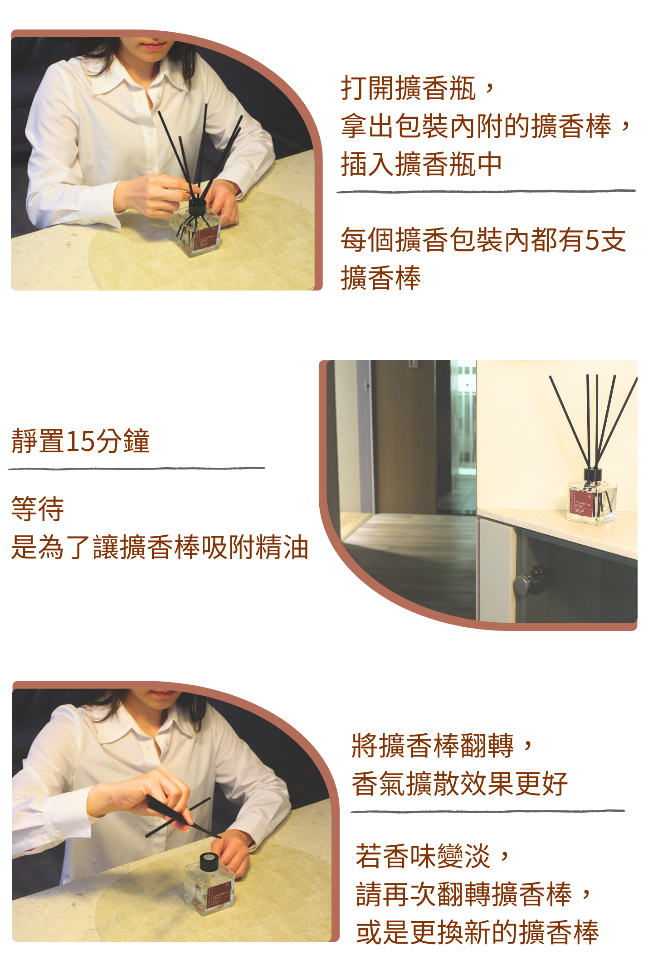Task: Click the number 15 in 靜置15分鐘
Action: (80, 441)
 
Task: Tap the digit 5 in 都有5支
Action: (592, 240)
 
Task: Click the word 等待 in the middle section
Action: (37, 509)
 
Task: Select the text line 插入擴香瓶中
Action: (421, 164)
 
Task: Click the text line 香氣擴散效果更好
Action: (459, 784)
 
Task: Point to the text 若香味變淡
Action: (423, 856)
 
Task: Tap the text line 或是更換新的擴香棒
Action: (477, 932)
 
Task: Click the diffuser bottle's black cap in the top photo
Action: (197, 207)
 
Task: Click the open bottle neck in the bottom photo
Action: (209, 858)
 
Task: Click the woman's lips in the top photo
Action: (154, 46)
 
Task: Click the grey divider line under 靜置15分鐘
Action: (136, 468)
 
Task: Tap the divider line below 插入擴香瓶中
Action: (485, 191)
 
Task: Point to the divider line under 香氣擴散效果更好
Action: (487, 811)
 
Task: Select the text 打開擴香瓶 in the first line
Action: (408, 88)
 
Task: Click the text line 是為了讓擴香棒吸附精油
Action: (160, 547)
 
